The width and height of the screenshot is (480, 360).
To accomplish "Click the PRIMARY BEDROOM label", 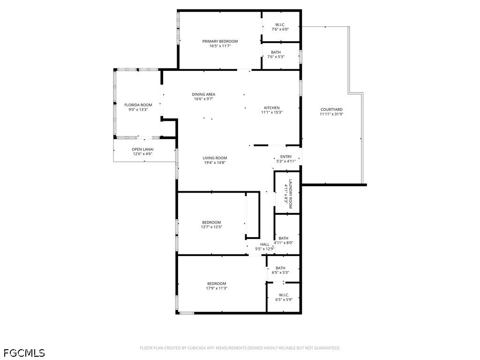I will pyautogui.click(x=220, y=41).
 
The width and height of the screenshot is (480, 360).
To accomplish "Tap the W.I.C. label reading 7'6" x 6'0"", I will pyautogui.click(x=280, y=24).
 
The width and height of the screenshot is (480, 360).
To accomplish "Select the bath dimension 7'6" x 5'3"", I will pyautogui.click(x=276, y=57).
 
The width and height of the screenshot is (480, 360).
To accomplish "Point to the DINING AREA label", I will pyautogui.click(x=203, y=94).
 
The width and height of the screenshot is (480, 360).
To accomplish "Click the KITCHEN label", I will pyautogui.click(x=271, y=108).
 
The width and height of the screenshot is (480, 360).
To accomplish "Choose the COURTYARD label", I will pyautogui.click(x=331, y=110).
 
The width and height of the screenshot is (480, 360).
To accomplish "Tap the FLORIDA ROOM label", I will pyautogui.click(x=138, y=105).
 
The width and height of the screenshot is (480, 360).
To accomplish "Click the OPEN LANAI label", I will pyautogui.click(x=142, y=149).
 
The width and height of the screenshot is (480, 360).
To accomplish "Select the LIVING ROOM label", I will pyautogui.click(x=215, y=158).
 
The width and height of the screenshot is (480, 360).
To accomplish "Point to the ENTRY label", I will pyautogui.click(x=286, y=157).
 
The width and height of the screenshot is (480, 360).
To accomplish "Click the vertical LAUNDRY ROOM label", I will pyautogui.click(x=290, y=194).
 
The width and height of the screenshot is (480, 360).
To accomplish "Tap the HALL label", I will pyautogui.click(x=265, y=244).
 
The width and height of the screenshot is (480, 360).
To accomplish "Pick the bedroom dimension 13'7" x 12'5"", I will pyautogui.click(x=211, y=227).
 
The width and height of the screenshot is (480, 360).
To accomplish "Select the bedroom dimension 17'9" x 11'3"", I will pyautogui.click(x=217, y=288).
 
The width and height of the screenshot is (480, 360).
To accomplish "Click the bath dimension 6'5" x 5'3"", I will pyautogui.click(x=280, y=272).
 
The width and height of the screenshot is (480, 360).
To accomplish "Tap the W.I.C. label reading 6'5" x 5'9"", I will pyautogui.click(x=284, y=295).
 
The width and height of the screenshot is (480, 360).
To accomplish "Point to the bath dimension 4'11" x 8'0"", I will pyautogui.click(x=283, y=243).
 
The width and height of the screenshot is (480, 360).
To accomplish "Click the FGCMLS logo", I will pyautogui.click(x=24, y=352).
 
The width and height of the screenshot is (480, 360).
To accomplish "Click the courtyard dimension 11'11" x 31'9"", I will pyautogui.click(x=331, y=114).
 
